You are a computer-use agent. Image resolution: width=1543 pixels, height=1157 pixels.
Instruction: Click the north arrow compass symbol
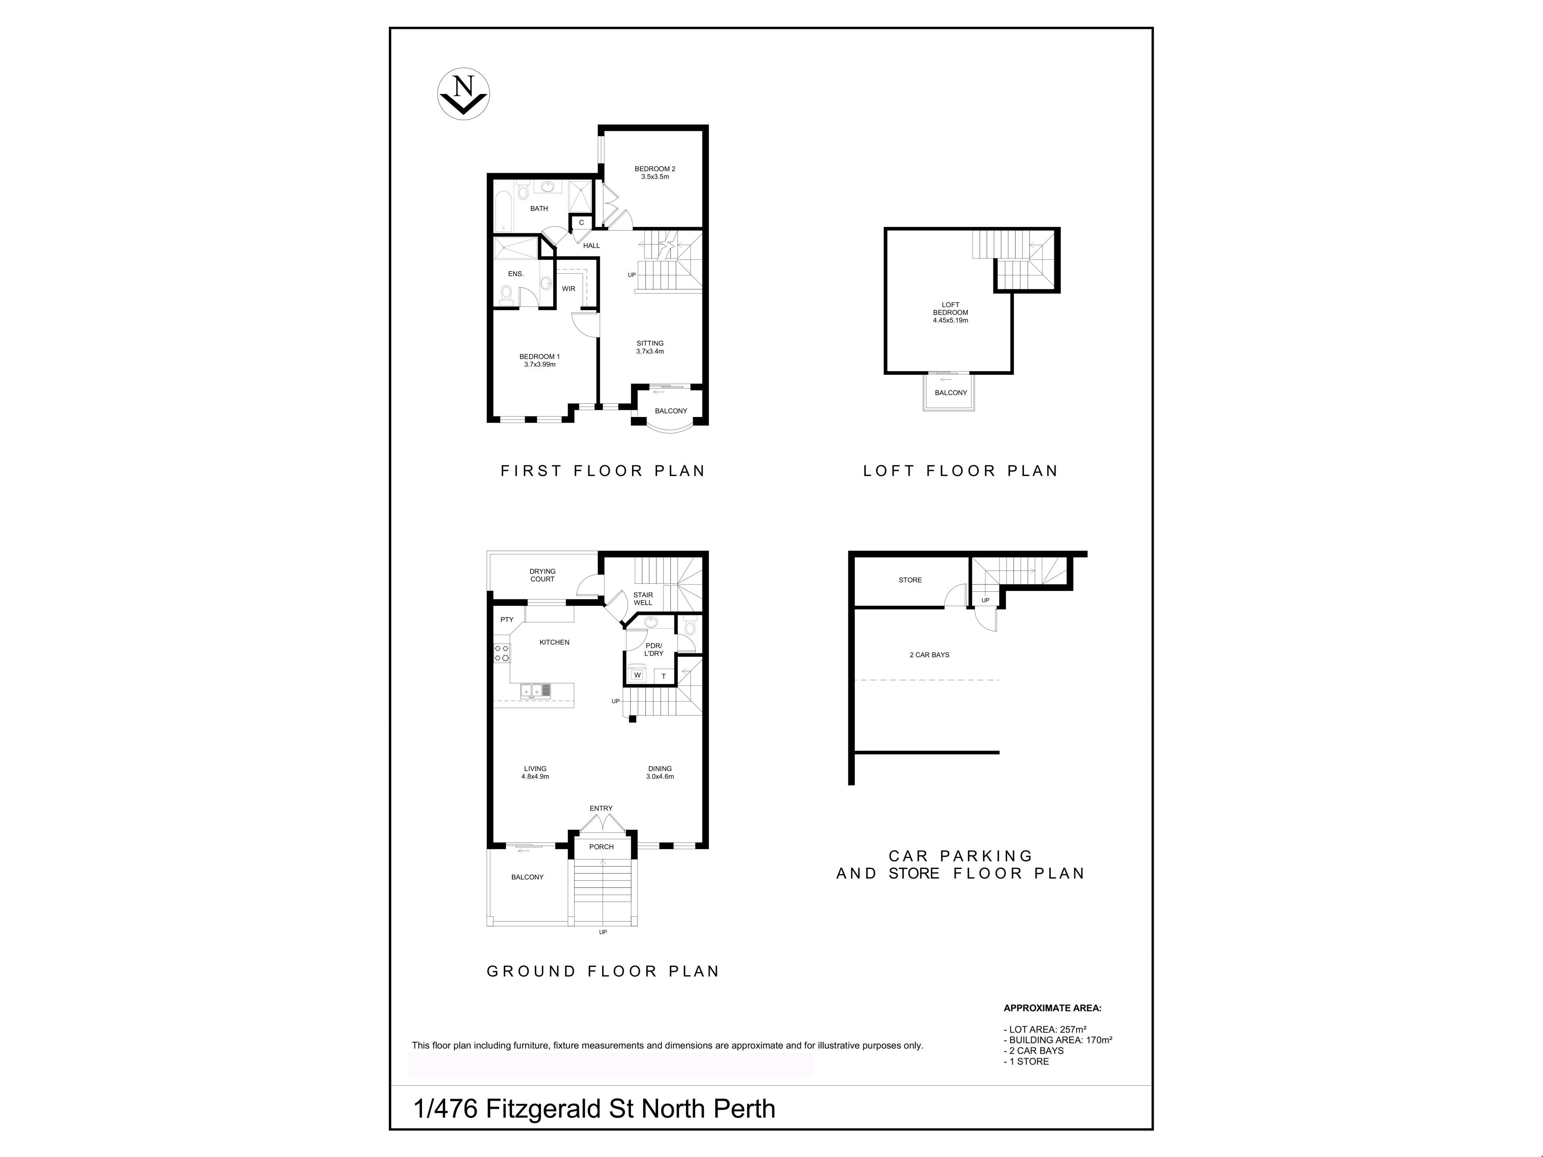click(x=463, y=94)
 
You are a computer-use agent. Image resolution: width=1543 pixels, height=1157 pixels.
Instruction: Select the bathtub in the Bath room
click(x=503, y=207)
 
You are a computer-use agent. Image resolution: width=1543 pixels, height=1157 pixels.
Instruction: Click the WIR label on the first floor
click(x=569, y=289)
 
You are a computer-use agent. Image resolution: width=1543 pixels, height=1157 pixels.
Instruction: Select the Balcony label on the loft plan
click(x=951, y=392)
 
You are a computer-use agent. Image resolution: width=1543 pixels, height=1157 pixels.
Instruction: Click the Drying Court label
click(x=542, y=575)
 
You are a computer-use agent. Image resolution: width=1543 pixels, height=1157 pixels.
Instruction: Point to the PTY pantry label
click(x=507, y=619)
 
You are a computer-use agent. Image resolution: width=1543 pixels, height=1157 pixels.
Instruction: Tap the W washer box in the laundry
click(x=637, y=675)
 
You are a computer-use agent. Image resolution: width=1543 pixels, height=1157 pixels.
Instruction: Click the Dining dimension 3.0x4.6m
click(x=660, y=776)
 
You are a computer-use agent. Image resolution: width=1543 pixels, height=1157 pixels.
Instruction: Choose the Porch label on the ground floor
click(x=601, y=846)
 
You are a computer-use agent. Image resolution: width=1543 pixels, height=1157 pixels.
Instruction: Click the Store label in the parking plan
click(x=910, y=580)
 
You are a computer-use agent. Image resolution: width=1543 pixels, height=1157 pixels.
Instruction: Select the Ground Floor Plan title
click(x=603, y=971)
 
